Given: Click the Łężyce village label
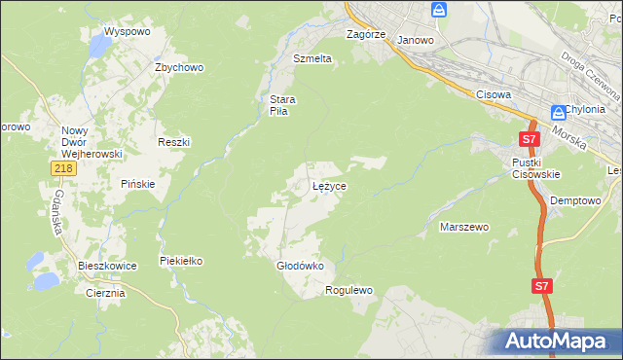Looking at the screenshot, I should point(329,185).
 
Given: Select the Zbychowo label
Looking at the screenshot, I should point(178,67).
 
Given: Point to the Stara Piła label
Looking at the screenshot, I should point(282,104).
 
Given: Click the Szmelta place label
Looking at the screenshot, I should point(312,58).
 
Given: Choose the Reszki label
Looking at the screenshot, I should point(173,142).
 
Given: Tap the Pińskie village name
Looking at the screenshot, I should point(138,184).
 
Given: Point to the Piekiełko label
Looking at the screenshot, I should point(181,261).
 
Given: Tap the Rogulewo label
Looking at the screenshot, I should point(349,290).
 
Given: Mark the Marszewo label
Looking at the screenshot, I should point(464,227).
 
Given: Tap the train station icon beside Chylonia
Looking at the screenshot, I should point(558,112).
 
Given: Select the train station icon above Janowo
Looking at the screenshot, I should point(439,11).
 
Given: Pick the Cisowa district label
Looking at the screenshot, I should point(495,94).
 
